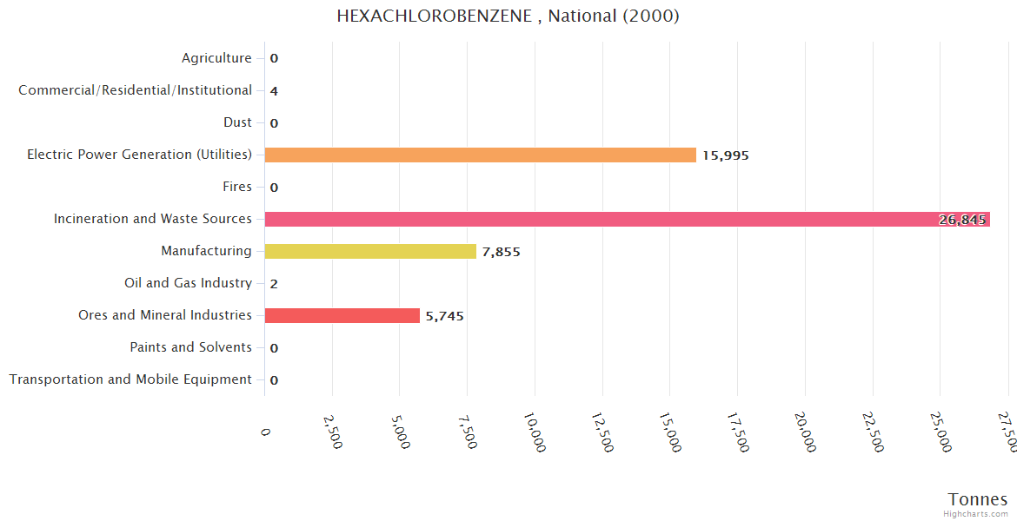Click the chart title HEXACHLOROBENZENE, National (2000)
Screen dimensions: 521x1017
click(508, 16)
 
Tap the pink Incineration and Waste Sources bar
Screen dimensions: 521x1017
click(608, 219)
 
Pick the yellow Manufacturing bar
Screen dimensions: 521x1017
click(370, 251)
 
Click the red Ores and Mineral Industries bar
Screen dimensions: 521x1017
click(342, 315)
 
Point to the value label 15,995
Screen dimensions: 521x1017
click(726, 155)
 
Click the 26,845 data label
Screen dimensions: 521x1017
click(962, 220)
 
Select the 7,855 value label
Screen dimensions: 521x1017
click(502, 252)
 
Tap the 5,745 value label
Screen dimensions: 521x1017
click(445, 316)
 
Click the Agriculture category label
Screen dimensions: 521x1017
click(216, 58)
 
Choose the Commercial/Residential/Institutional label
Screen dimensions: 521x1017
click(135, 90)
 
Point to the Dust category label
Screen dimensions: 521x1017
click(237, 122)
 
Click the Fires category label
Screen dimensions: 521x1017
click(237, 187)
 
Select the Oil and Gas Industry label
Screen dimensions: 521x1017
click(188, 283)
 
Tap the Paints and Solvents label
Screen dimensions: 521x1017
click(190, 347)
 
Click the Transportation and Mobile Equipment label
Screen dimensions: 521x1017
click(130, 379)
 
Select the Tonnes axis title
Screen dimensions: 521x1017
click(978, 499)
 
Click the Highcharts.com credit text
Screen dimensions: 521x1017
click(976, 514)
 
